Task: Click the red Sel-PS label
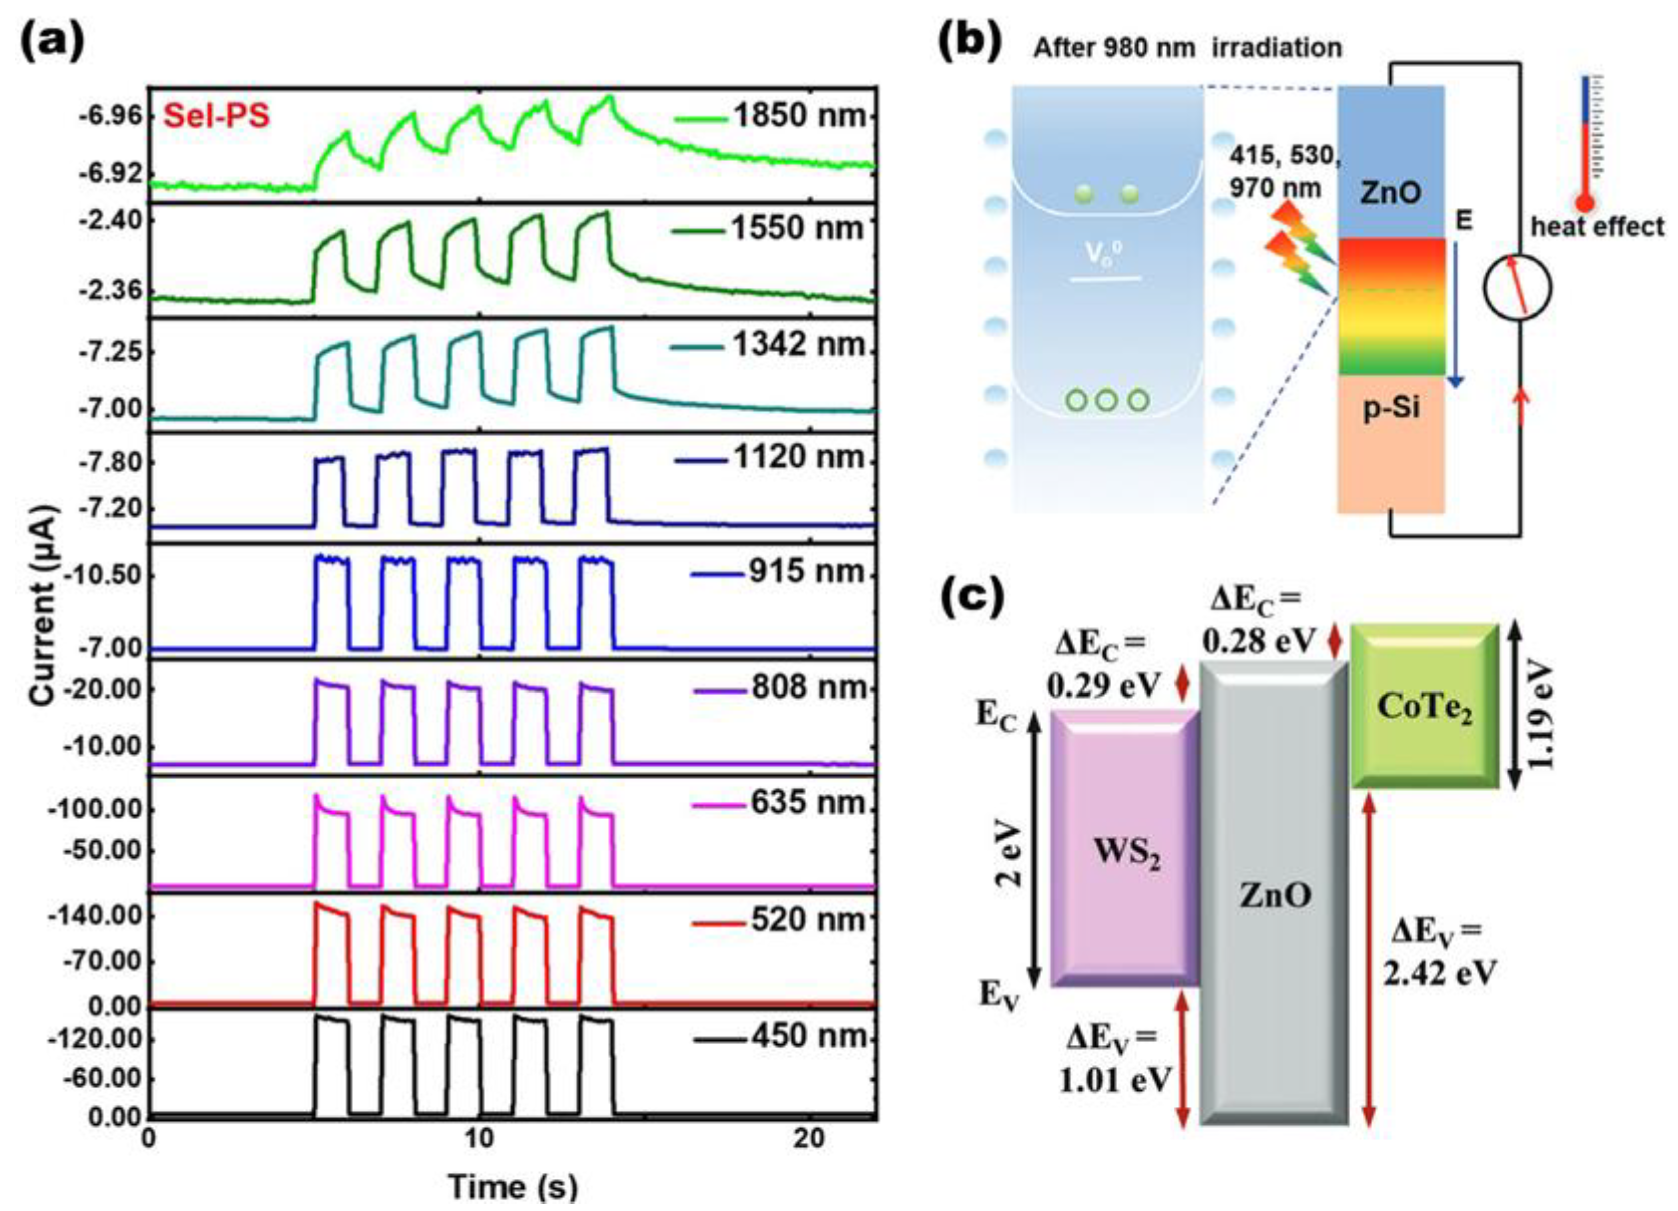(216, 117)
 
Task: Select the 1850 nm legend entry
(769, 116)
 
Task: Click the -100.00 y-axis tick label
(95, 809)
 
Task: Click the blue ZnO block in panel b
(1390, 163)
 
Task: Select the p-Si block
(1390, 444)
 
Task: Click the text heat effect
(1597, 226)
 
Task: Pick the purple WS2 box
(1124, 851)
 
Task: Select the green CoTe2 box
(1424, 707)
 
